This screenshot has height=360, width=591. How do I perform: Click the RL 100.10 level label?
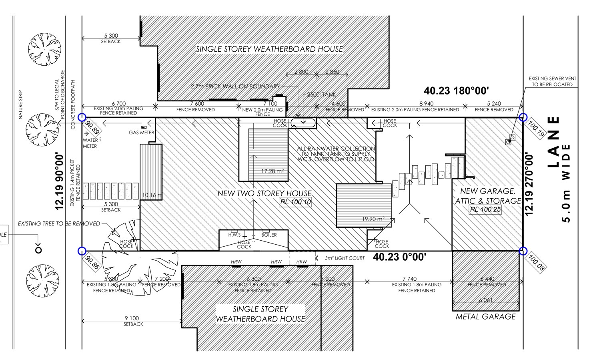point(295,202)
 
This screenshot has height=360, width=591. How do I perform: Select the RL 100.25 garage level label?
point(485,209)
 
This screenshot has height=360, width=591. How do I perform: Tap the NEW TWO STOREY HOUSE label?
point(264,193)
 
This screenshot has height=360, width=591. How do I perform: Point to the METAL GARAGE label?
point(485,316)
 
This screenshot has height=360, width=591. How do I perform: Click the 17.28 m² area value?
point(272,171)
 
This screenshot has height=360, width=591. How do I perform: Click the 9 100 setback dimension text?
point(133,318)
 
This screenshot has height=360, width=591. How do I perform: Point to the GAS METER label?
point(141,133)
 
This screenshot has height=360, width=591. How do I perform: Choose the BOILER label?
point(269,235)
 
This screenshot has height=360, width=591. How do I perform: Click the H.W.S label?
point(234,235)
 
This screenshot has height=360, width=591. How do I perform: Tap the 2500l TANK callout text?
point(316,95)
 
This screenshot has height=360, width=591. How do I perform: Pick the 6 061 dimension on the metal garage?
point(485,300)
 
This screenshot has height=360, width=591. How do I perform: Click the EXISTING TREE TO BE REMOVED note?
point(59,223)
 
